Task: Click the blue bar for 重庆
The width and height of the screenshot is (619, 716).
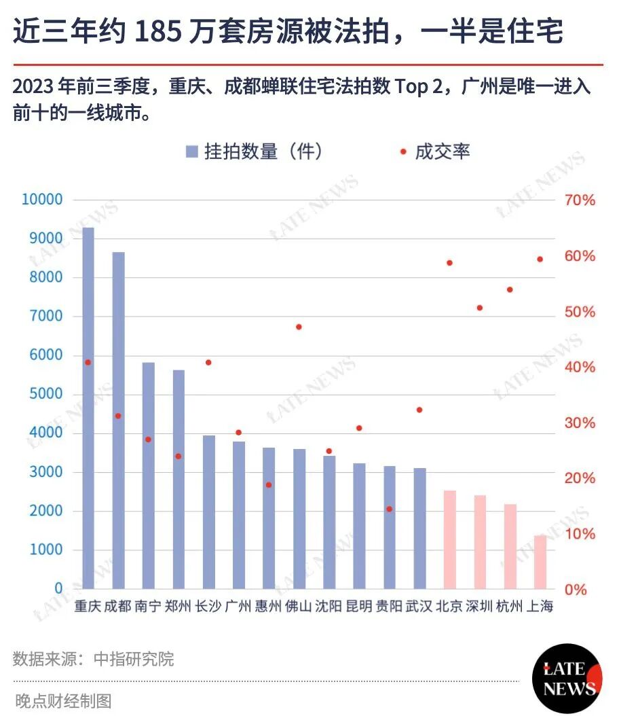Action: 88,408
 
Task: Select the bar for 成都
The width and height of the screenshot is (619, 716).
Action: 119,420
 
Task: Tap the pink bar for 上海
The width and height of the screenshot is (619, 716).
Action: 540,562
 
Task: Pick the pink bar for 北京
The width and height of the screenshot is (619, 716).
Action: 450,540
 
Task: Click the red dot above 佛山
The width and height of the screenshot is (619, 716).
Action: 299,327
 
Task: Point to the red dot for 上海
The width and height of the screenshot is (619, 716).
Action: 540,259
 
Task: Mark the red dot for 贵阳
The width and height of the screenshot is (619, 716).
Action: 389,509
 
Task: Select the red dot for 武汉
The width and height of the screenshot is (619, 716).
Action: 419,410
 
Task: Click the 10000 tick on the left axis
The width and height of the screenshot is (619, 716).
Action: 42,200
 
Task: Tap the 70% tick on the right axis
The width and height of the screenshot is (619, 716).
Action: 580,200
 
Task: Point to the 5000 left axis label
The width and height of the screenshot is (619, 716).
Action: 46,393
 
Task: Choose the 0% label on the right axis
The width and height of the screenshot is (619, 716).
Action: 576,590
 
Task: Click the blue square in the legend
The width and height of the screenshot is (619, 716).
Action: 192,151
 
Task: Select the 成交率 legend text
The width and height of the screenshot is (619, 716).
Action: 443,151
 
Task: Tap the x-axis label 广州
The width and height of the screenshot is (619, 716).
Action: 238,607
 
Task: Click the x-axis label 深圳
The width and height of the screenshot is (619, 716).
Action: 479,607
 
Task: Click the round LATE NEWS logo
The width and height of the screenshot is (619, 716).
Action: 567,679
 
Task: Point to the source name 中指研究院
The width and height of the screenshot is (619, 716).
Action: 134,659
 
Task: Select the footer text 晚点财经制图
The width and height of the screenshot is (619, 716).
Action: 63,700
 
